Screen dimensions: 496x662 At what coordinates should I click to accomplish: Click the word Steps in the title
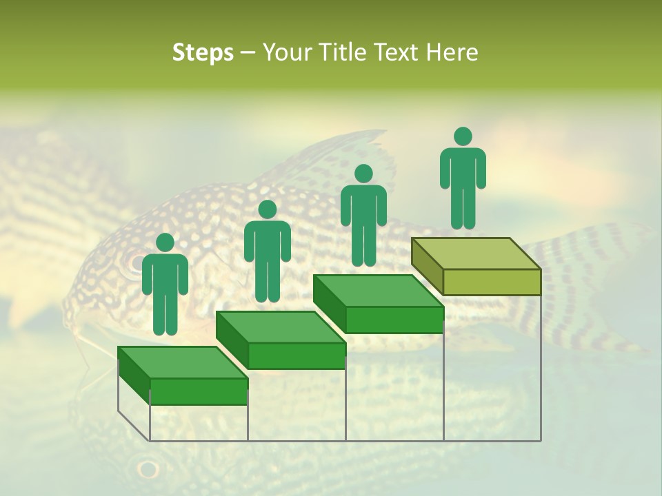point(203,53)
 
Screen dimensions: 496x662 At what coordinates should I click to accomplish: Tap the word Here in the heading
point(452,52)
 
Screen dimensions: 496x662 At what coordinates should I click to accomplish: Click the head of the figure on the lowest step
point(165,242)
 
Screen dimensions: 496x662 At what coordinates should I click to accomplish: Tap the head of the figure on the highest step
point(463,136)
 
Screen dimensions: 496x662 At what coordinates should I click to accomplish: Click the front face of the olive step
point(492,282)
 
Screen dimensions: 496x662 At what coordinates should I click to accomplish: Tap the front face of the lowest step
point(199,391)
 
